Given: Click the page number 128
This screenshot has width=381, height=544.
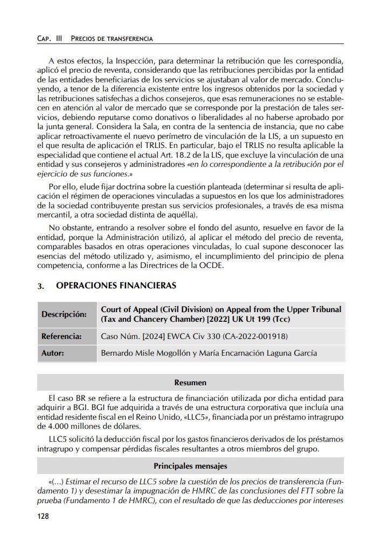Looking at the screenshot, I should (43, 517).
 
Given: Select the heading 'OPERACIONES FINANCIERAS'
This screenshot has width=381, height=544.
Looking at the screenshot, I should (116, 285).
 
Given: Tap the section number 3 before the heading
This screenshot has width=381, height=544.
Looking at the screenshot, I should (40, 286).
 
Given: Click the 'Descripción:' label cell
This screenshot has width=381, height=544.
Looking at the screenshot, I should (64, 314).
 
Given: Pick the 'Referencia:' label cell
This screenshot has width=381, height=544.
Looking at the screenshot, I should (61, 337).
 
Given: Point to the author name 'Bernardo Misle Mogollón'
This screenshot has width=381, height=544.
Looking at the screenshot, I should (147, 354).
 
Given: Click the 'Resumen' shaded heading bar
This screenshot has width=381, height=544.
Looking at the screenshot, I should (190, 383).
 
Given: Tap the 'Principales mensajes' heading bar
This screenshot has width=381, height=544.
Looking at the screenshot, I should (190, 465).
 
